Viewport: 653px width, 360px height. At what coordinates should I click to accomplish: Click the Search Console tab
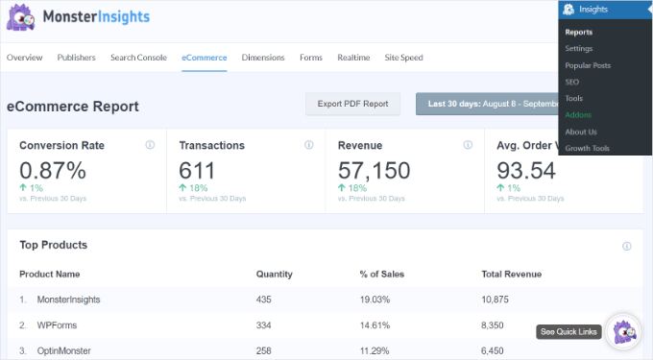click(138, 58)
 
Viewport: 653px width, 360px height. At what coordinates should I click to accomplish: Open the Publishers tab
click(76, 58)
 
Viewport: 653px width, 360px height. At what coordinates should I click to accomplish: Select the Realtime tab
click(353, 58)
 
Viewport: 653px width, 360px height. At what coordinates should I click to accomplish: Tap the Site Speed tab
click(403, 58)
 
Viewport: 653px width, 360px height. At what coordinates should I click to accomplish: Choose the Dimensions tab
click(263, 58)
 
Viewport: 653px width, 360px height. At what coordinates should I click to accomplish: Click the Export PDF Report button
click(352, 104)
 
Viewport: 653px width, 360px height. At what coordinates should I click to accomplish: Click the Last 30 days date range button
click(485, 104)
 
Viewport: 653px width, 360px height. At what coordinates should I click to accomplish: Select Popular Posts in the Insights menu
click(588, 65)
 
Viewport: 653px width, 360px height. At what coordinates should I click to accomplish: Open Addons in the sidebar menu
click(579, 115)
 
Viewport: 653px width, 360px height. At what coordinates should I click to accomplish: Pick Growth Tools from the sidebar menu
click(587, 149)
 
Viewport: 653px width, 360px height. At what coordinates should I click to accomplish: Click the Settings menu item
click(579, 49)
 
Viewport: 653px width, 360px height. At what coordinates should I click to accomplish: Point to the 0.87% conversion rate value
click(53, 171)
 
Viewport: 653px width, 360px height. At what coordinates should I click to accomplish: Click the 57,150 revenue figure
click(374, 171)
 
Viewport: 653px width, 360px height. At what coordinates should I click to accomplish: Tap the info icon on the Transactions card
click(308, 146)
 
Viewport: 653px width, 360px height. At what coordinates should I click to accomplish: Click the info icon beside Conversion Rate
click(150, 146)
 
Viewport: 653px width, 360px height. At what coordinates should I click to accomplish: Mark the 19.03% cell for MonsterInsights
click(382, 300)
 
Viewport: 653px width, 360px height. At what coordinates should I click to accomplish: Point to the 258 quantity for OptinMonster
click(265, 351)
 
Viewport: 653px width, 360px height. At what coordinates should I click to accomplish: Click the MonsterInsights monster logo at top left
click(21, 17)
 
